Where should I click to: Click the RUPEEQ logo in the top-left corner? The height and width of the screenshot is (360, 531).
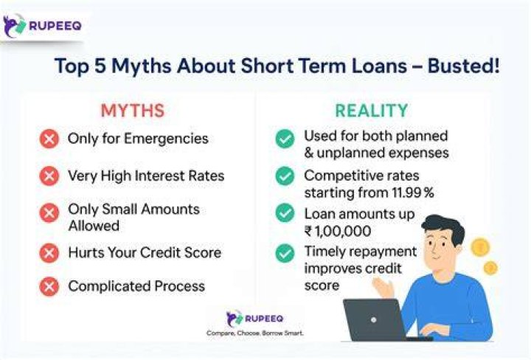(x=42, y=26)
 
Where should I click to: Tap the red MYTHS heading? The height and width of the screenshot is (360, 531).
(x=133, y=111)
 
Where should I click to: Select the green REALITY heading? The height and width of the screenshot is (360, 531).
(x=372, y=111)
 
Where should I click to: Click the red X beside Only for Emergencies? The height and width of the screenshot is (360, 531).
(x=49, y=139)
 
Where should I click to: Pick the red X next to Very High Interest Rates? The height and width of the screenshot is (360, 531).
(x=49, y=176)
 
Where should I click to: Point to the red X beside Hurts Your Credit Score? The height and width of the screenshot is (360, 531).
(x=49, y=253)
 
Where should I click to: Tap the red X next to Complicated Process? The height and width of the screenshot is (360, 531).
(x=49, y=286)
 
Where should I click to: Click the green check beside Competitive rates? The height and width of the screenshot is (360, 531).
(x=285, y=176)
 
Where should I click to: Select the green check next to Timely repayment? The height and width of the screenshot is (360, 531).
(x=285, y=253)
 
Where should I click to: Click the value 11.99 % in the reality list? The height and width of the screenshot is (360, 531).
(x=413, y=193)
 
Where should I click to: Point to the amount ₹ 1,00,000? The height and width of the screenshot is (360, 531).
(x=338, y=232)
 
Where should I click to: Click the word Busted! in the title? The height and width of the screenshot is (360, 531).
(x=464, y=66)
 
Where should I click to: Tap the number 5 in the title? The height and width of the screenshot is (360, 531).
(x=100, y=66)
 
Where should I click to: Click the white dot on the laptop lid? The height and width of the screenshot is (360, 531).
(x=373, y=319)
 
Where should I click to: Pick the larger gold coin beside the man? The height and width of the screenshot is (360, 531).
(x=480, y=248)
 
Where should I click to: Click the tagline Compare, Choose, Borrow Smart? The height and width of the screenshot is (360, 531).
(x=254, y=333)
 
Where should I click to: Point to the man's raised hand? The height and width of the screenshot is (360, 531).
(x=383, y=286)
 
